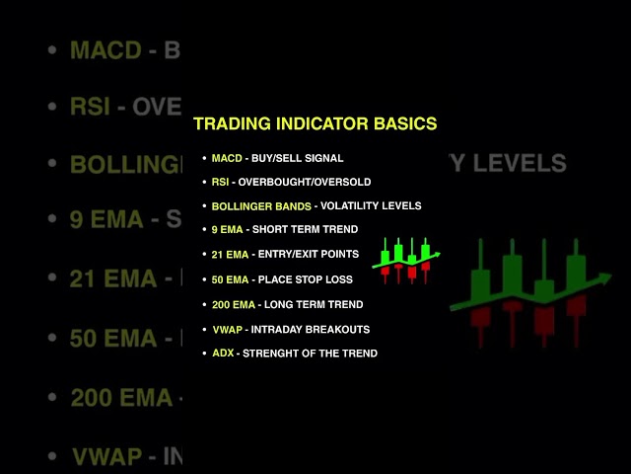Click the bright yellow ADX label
coord(223,354)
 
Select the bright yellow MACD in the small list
coord(228,158)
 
